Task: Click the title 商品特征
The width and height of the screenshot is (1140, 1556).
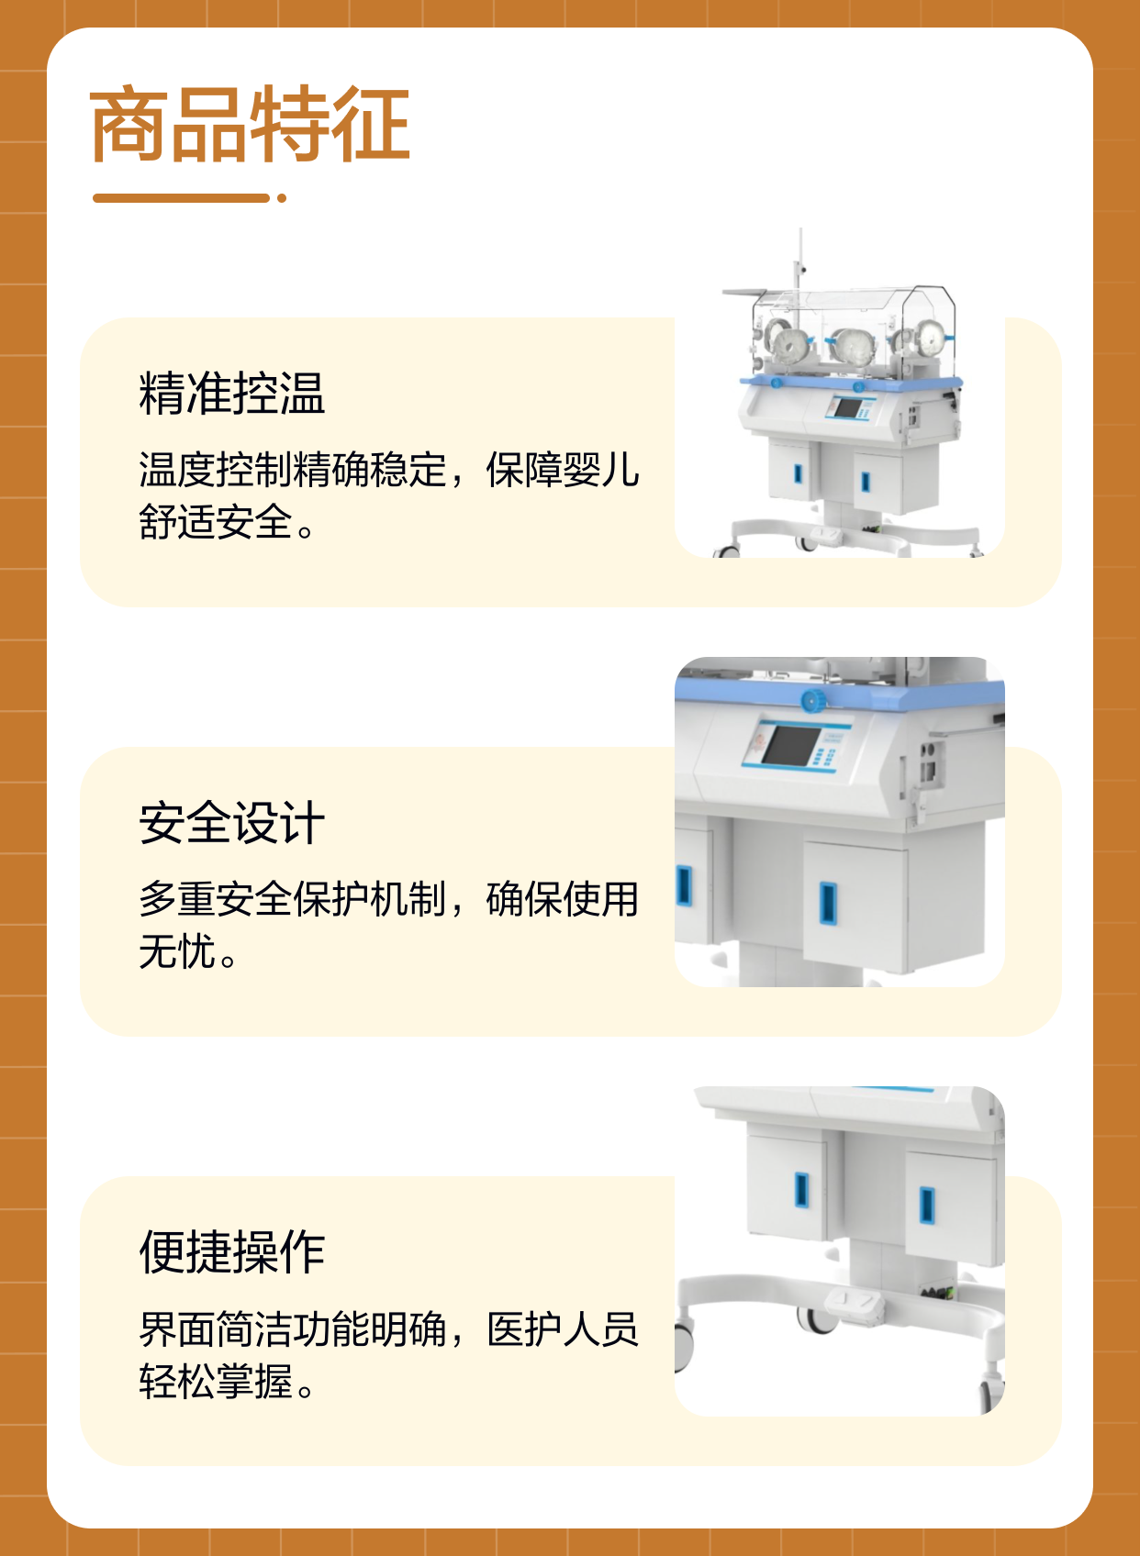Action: [x=251, y=125]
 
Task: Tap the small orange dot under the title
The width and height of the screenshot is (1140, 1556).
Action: [x=282, y=198]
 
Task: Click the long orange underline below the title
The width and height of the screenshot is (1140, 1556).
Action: [x=181, y=198]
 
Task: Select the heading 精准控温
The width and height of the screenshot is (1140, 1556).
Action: [x=232, y=394]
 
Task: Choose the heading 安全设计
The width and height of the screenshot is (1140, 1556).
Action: [x=232, y=822]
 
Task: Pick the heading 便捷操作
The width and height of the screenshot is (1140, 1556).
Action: [x=232, y=1251]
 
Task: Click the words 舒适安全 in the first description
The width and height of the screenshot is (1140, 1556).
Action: [x=216, y=522]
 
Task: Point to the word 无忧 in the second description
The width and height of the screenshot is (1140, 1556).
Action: [x=177, y=951]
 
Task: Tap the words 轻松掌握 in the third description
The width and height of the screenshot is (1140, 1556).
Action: [x=216, y=1381]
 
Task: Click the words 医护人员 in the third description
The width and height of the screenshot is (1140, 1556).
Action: [x=563, y=1329]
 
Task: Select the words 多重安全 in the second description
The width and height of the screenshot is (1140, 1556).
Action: [x=216, y=899]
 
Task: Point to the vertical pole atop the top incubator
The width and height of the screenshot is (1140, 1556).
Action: [x=800, y=261]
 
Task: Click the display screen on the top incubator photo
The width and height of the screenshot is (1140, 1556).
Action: [x=848, y=407]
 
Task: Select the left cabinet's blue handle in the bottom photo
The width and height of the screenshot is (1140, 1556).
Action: [x=801, y=1190]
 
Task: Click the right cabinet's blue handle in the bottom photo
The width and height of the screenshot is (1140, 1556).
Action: [x=927, y=1206]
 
